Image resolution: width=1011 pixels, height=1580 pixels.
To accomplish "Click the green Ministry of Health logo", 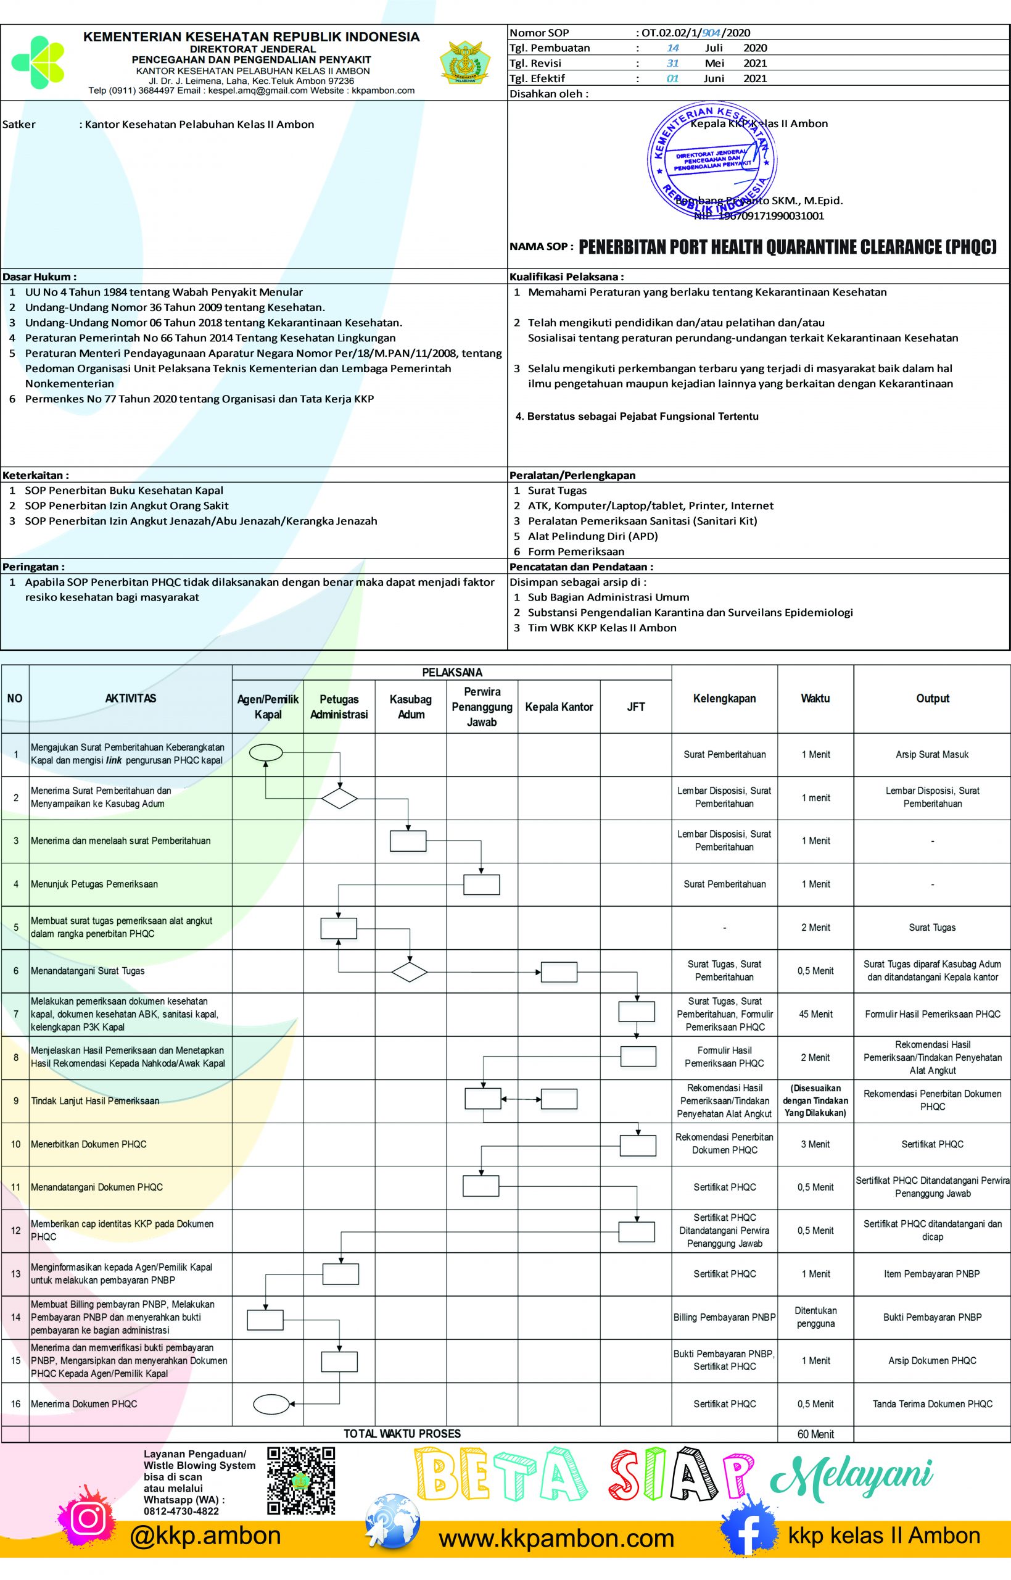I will pos(38,62).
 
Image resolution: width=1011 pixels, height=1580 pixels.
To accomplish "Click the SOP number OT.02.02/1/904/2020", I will pos(695,33).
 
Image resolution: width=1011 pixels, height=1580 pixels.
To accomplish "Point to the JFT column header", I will pos(635,707).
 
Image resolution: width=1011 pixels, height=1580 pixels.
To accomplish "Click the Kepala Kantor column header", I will pos(559,707).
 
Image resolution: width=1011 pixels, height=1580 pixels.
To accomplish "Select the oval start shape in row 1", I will pos(266,752).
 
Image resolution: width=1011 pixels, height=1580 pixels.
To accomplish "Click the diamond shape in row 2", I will pos(339,799).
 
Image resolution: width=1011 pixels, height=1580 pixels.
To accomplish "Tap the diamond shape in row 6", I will pos(409,972).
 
